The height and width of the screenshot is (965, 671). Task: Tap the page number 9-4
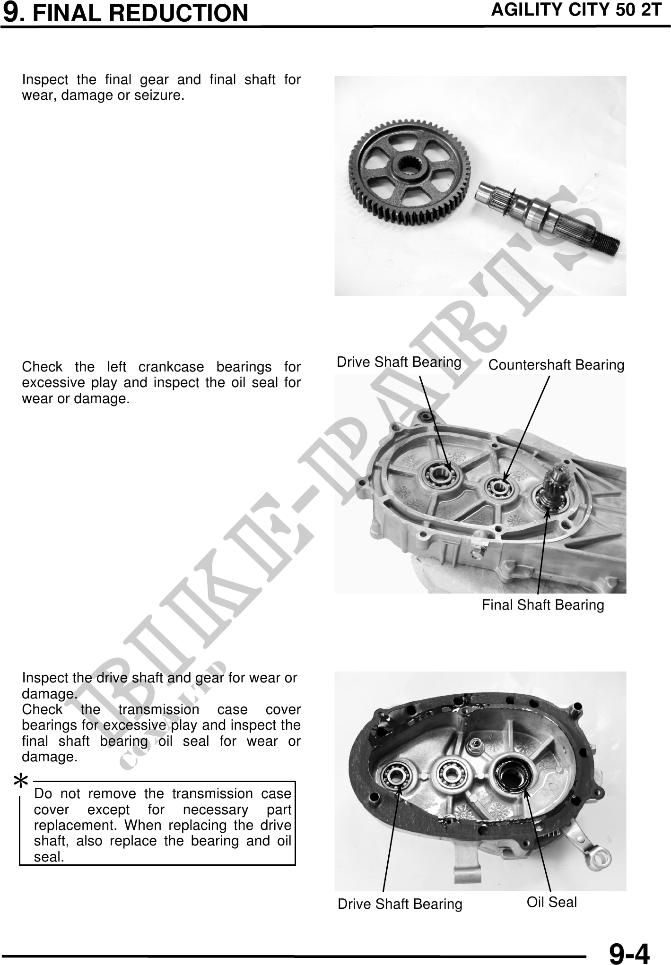629,952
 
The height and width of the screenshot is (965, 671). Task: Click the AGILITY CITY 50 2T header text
576,10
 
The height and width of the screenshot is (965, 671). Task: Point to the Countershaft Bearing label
556,365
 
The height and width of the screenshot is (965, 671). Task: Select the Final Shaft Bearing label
543,605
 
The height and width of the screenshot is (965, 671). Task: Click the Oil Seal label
552,902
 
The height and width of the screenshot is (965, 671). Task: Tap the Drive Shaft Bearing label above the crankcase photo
399,362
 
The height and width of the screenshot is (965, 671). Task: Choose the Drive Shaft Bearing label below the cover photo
400,904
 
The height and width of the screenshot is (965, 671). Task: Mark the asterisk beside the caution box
21,782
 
